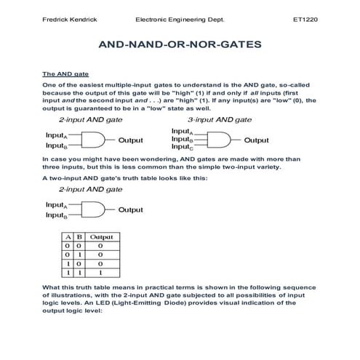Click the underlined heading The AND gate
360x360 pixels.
point(65,74)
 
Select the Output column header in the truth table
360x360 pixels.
point(100,237)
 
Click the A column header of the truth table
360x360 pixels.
point(68,237)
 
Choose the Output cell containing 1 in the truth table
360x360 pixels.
point(100,272)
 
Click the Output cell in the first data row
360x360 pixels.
point(100,246)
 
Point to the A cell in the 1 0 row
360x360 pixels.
point(68,263)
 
